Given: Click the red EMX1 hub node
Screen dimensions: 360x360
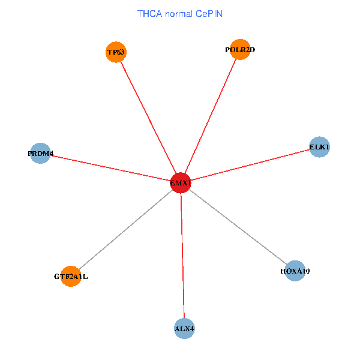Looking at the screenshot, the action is click(181, 183).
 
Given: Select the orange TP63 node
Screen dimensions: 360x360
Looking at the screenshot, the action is click(116, 52).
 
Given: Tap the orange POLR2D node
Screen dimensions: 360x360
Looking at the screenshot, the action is click(240, 50).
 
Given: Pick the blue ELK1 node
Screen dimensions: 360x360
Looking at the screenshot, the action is click(319, 147).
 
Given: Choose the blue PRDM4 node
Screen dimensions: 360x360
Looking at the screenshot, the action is click(40, 154).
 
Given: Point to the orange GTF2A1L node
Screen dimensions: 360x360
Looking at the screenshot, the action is click(71, 277).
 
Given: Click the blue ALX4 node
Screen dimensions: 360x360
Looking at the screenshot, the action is click(184, 329).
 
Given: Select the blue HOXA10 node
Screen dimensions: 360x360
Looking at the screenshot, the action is click(295, 271).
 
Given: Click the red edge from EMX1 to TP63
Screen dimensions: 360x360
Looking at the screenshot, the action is click(148, 118).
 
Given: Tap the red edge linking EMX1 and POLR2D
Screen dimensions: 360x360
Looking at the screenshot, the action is click(211, 116).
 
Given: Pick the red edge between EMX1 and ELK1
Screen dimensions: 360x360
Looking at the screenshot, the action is click(250, 165).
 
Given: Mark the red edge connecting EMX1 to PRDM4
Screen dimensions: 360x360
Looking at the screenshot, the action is click(110, 168).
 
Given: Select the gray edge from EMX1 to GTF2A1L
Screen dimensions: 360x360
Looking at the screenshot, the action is click(125, 230).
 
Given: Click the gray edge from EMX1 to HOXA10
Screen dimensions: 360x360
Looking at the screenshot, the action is click(238, 227).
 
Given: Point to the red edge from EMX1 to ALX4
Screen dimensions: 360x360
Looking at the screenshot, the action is click(182, 256).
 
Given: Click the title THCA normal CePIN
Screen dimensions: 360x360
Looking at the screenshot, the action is click(180, 14).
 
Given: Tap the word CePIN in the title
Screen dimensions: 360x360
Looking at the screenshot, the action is click(209, 14).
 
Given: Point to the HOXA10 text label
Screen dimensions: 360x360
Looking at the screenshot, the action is click(295, 271).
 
